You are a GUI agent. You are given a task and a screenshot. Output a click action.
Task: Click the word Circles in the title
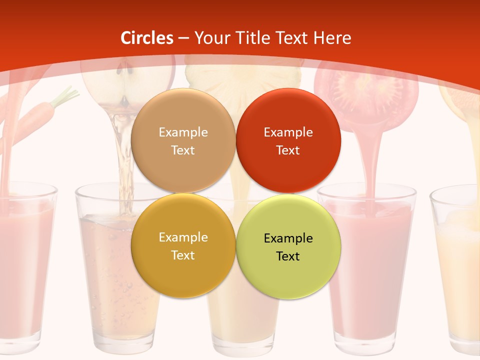[147, 38]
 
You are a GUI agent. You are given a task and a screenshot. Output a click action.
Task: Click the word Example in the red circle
[288, 132]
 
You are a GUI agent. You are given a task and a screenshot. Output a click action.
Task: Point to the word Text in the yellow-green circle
[288, 256]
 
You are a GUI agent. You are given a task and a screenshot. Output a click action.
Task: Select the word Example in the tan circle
[183, 132]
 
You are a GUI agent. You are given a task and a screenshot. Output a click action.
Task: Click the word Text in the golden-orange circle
[183, 255]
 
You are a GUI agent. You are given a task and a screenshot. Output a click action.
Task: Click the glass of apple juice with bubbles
[107, 270]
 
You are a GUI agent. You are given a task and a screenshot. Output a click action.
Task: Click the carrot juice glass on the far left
[25, 265]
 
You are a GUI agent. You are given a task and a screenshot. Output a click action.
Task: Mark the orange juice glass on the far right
[457, 270]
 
